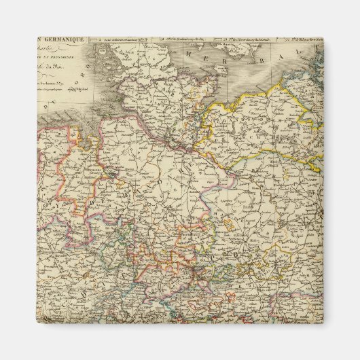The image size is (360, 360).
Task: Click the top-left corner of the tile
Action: (37, 38)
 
